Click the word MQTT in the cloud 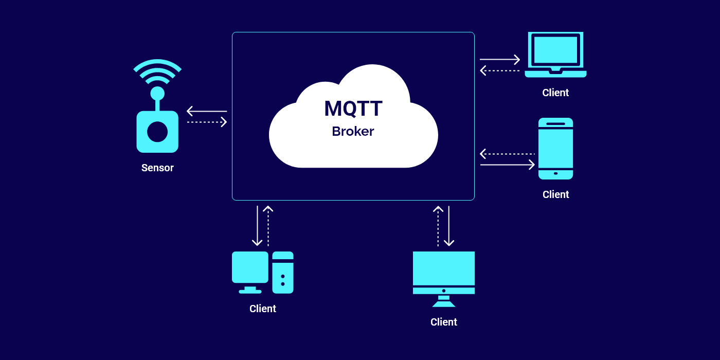(353, 109)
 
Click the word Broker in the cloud (353, 132)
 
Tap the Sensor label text (157, 168)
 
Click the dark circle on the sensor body (157, 132)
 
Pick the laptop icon (555, 55)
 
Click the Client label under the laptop (555, 93)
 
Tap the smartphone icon (555, 149)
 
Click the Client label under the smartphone (555, 195)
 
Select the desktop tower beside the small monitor (283, 273)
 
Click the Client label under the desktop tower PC (263, 309)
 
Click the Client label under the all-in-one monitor (444, 322)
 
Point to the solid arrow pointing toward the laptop (499, 60)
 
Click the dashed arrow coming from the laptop (499, 70)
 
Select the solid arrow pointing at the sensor (207, 111)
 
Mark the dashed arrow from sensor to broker (207, 122)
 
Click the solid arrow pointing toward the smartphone (507, 165)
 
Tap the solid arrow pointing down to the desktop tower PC (258, 226)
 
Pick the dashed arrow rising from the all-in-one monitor (438, 226)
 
